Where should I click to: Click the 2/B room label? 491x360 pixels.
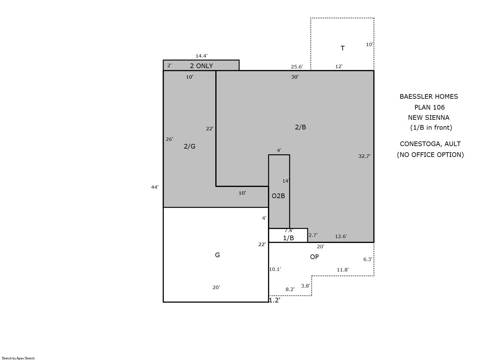pos(300,127)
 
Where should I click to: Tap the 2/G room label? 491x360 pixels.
pos(190,146)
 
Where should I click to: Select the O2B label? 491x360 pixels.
pos(278,196)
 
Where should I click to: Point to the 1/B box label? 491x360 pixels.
pos(288,238)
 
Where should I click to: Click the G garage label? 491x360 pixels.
pos(217,255)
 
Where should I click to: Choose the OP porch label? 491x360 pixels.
pos(314,257)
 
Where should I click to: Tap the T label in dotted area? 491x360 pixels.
pos(342,48)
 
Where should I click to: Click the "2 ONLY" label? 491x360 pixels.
pos(201,66)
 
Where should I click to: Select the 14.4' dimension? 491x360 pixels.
pos(201,56)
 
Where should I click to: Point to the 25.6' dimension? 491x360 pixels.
pos(297,67)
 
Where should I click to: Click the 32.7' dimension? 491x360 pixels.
pos(364,156)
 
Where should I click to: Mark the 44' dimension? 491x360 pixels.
pos(155,187)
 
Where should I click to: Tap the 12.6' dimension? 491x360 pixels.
pos(341,236)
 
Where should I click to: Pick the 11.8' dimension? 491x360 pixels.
pos(343,270)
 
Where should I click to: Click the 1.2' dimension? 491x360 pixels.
pos(275,300)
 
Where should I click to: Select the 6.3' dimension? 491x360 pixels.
pos(368,259)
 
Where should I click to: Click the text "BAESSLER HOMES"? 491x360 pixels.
pos(429,97)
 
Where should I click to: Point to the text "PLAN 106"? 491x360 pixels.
pos(430,107)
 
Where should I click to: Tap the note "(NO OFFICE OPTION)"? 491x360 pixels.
pos(430,155)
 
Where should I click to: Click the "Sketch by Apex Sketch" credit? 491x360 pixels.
pos(18,358)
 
